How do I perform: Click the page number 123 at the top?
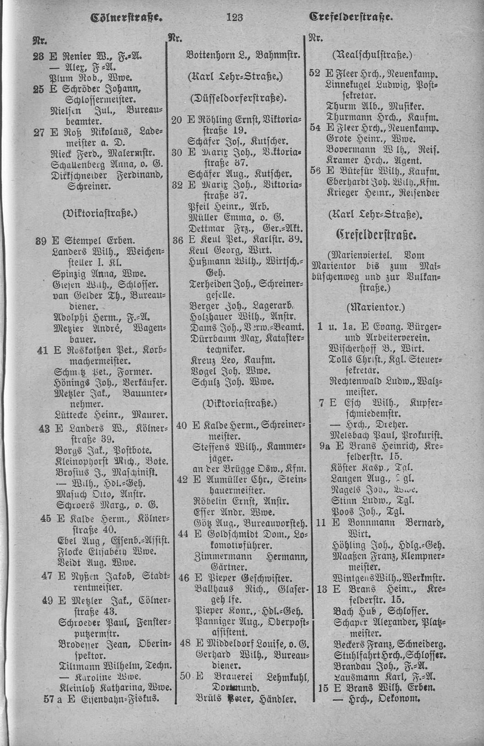pos(234,17)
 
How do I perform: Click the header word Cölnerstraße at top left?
pos(127,18)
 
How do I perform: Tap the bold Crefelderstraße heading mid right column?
pos(376,236)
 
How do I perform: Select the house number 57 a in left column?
pos(53,698)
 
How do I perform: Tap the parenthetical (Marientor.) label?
pos(376,307)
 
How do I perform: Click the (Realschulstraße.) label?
pos(372,55)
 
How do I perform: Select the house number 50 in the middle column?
pos(185,677)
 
